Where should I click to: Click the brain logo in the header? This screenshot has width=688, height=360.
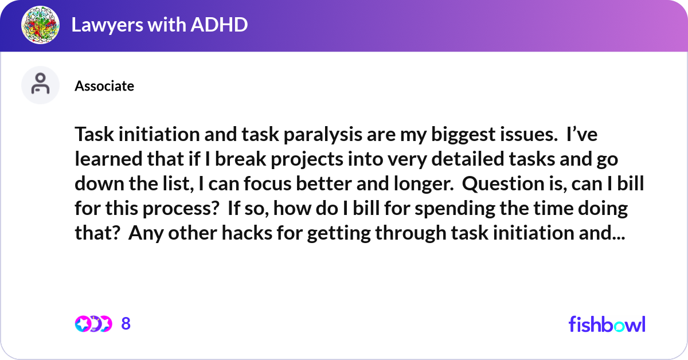pos(41,25)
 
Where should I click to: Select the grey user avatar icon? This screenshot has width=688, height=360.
pos(40,85)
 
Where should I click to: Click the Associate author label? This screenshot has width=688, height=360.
pos(104,86)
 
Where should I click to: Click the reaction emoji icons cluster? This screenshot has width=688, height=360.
pos(93,324)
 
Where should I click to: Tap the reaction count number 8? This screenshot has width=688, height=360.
pos(126,324)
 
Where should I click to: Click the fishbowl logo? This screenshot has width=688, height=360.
pos(607,324)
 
